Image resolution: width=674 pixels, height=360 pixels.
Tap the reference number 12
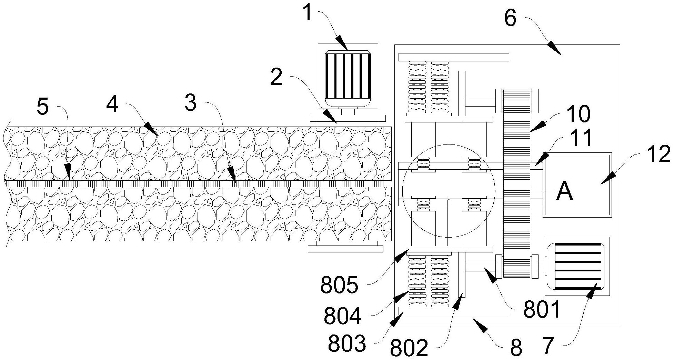658,154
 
